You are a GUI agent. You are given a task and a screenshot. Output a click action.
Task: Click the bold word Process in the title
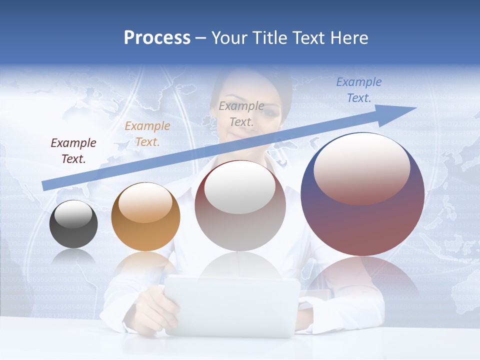pos(157,38)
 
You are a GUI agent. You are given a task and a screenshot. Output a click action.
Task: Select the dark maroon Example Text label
pos(73,151)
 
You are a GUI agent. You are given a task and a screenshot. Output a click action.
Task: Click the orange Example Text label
pos(147,134)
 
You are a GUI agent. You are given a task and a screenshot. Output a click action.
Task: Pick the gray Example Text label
pos(241,113)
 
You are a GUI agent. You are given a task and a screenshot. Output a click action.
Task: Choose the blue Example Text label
pos(359,90)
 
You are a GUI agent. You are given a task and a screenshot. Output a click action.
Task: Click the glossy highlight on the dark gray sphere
pos(73,214)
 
